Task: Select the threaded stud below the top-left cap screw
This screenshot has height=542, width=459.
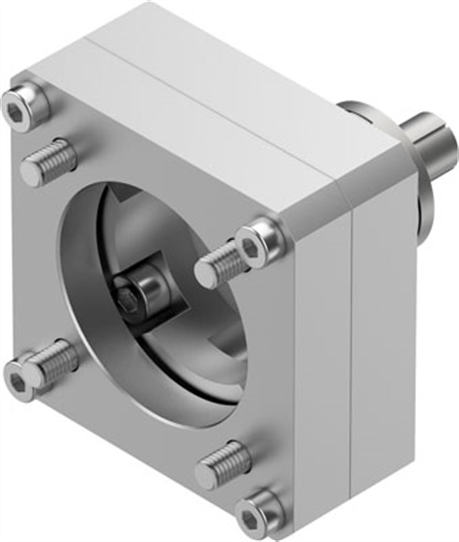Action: pos(49,162)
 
